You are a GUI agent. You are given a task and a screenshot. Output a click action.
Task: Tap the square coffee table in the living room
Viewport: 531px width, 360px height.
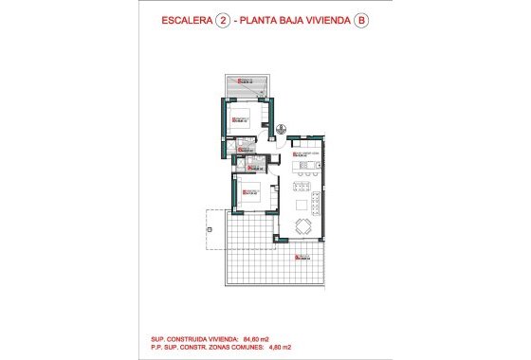[304, 204]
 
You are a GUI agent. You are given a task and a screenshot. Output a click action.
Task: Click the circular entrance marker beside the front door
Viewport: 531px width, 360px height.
[283, 128]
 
